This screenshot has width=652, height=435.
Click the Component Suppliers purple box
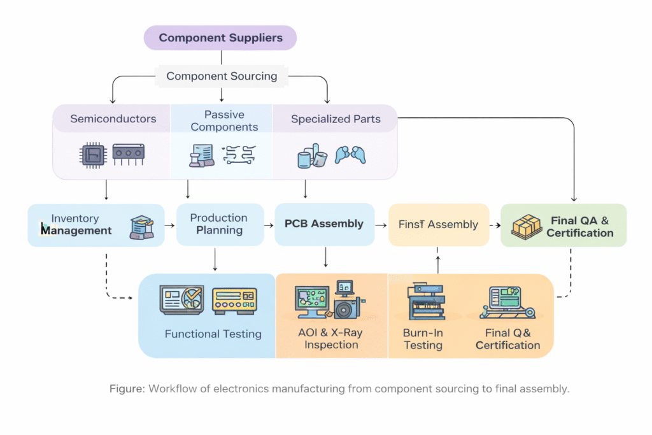(x=220, y=38)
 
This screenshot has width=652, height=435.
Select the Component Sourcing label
(x=222, y=76)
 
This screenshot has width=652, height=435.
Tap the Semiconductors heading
(x=113, y=119)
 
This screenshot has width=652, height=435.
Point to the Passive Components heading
(x=224, y=120)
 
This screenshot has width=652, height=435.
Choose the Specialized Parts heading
(x=336, y=119)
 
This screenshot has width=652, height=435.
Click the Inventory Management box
(x=96, y=225)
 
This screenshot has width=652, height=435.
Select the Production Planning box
(x=219, y=224)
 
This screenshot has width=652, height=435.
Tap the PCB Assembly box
(x=324, y=224)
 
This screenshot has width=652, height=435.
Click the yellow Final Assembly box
(x=438, y=224)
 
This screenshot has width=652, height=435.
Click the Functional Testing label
(x=213, y=334)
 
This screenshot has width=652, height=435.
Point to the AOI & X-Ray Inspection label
(x=331, y=339)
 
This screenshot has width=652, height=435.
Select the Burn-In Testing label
(x=423, y=339)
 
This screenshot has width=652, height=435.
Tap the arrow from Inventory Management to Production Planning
(x=170, y=225)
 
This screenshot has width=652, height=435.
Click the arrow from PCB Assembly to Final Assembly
(x=380, y=225)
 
